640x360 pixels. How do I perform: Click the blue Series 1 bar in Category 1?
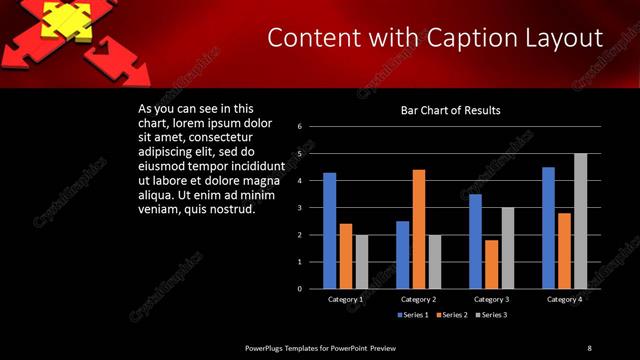329,231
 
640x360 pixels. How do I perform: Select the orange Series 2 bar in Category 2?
418,229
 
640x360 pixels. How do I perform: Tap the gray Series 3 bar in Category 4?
580,221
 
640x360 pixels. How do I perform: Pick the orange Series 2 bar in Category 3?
491,264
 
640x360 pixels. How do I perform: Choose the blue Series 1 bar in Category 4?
548,228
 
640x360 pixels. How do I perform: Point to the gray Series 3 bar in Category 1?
361,262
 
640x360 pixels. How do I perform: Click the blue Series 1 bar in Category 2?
402,255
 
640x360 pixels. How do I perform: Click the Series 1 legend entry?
411,315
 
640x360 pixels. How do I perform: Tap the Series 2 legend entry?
451,315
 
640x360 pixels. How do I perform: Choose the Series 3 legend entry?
490,315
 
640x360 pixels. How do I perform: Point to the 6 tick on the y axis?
299,127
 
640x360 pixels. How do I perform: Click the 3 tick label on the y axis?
299,208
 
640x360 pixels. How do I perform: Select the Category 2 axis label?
418,299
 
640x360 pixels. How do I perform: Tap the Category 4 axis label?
564,299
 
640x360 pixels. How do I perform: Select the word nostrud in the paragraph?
234,209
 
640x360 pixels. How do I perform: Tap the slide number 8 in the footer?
589,347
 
